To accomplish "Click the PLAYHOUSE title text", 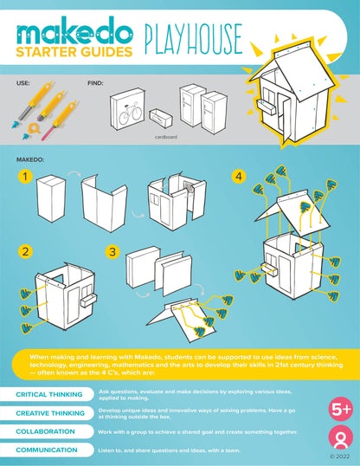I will pos(191,39).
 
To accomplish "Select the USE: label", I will pos(24,84).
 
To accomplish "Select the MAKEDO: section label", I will pos(32,160).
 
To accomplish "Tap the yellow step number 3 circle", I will pos(112,252).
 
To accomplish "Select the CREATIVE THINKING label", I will pos(49,413).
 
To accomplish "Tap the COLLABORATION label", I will pos(45,431).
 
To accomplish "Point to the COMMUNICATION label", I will pos(47,450).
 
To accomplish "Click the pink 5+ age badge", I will pos(337,407).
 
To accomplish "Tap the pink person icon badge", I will pos(337,437).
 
